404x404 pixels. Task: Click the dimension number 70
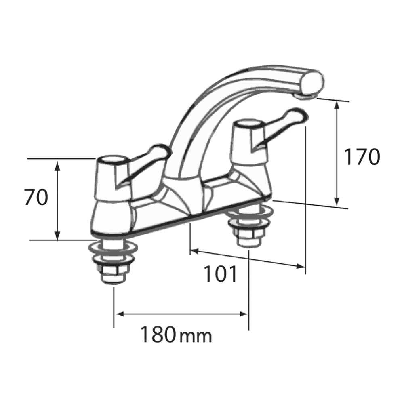pos(36,198)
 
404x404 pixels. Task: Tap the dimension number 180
pos(158,335)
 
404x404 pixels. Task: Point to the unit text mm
pos(196,336)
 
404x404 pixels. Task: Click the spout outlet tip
pos(307,95)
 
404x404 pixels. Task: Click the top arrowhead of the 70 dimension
pos(57,163)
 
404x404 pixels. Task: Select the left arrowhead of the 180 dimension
pos(118,314)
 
